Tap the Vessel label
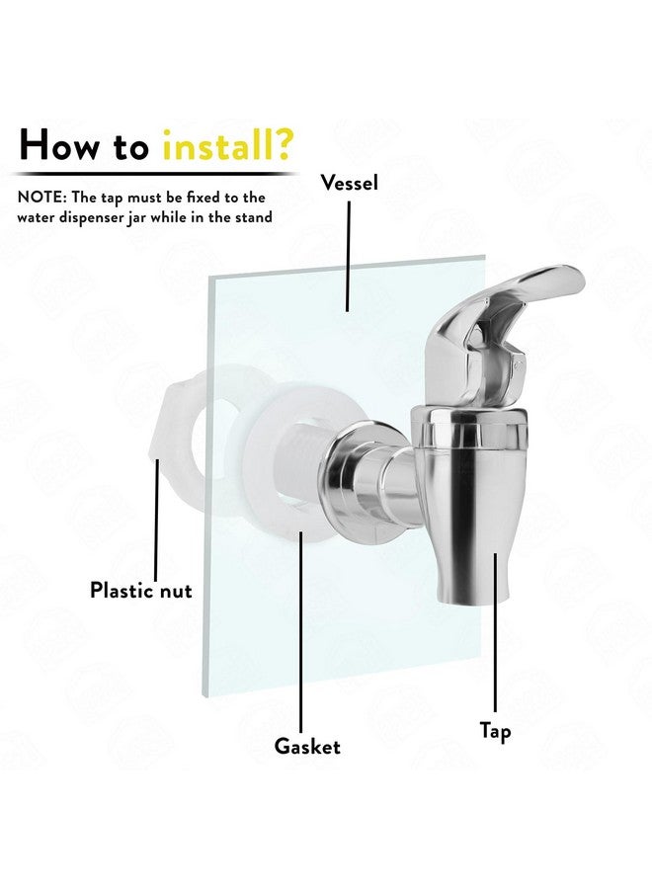[x=350, y=183]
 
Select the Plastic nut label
[x=141, y=591]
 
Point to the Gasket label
[x=307, y=746]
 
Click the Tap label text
[x=496, y=731]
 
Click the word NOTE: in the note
[x=43, y=198]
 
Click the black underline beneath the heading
[x=158, y=174]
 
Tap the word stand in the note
[x=251, y=217]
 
